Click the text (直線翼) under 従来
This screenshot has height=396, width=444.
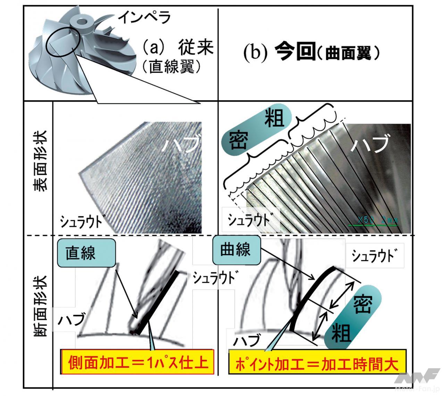(x=171, y=67)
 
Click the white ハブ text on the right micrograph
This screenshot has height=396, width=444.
(x=369, y=144)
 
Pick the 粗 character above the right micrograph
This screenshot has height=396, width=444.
(x=274, y=118)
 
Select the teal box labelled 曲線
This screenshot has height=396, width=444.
(x=235, y=249)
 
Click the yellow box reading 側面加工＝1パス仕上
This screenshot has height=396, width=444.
(x=136, y=363)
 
